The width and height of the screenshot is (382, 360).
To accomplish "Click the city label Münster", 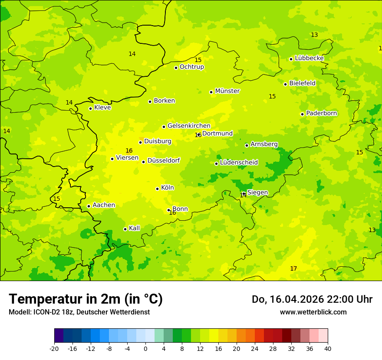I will click(227, 91).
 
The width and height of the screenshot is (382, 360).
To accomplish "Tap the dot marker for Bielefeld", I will click(285, 84).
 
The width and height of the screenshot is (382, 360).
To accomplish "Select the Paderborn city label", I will click(321, 113).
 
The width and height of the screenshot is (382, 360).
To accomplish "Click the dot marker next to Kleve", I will click(90, 108).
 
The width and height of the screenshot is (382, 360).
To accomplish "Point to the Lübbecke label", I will click(309, 58).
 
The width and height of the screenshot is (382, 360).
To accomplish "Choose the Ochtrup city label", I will click(191, 67).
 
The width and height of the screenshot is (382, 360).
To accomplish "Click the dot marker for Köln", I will click(157, 189).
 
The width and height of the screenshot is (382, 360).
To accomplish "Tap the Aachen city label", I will click(104, 205).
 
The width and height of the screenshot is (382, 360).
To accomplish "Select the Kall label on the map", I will click(134, 228).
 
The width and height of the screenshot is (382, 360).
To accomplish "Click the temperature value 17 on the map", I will click(293, 269).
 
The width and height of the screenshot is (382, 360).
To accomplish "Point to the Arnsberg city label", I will click(264, 144).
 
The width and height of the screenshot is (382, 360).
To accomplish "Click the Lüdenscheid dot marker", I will click(216, 164).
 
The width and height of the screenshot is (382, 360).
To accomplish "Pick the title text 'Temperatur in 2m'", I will click(65, 299).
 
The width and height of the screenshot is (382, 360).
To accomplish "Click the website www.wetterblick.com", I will click(313, 312).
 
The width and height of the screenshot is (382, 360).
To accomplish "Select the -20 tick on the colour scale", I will click(54, 348).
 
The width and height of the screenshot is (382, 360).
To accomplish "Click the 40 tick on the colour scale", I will click(328, 348).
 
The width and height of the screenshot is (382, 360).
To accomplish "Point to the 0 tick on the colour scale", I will click(145, 348).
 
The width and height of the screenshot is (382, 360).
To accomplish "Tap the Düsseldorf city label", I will click(164, 160).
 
